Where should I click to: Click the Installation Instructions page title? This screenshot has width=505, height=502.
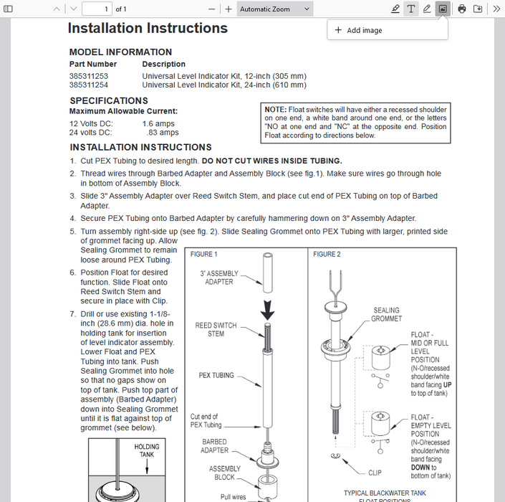pyautogui.click(x=148, y=29)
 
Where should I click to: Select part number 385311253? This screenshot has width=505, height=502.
pyautogui.click(x=89, y=76)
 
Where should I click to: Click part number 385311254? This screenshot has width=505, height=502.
pyautogui.click(x=89, y=85)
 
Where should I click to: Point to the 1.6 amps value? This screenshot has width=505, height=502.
pyautogui.click(x=159, y=124)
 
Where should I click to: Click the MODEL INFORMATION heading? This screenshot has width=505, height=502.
pyautogui.click(x=120, y=52)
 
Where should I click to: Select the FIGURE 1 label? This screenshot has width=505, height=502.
pyautogui.click(x=204, y=255)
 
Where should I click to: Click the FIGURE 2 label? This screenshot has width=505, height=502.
pyautogui.click(x=327, y=255)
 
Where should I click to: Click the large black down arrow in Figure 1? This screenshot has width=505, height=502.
pyautogui.click(x=266, y=311)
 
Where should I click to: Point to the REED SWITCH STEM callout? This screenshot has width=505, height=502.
pyautogui.click(x=216, y=329)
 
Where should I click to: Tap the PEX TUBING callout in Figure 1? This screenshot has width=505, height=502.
pyautogui.click(x=216, y=375)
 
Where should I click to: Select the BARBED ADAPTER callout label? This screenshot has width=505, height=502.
pyautogui.click(x=215, y=446)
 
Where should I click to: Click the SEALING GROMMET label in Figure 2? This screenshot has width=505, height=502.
pyautogui.click(x=386, y=315)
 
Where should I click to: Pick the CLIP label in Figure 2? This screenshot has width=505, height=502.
pyautogui.click(x=375, y=473)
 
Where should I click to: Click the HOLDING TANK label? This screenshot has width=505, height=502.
pyautogui.click(x=147, y=450)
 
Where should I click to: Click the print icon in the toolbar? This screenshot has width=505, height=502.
pyautogui.click(x=462, y=9)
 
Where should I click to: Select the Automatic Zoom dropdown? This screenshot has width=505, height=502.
pyautogui.click(x=275, y=9)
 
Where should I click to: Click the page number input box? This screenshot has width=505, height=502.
pyautogui.click(x=96, y=9)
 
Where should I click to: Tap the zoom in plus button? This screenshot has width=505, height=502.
pyautogui.click(x=229, y=9)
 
